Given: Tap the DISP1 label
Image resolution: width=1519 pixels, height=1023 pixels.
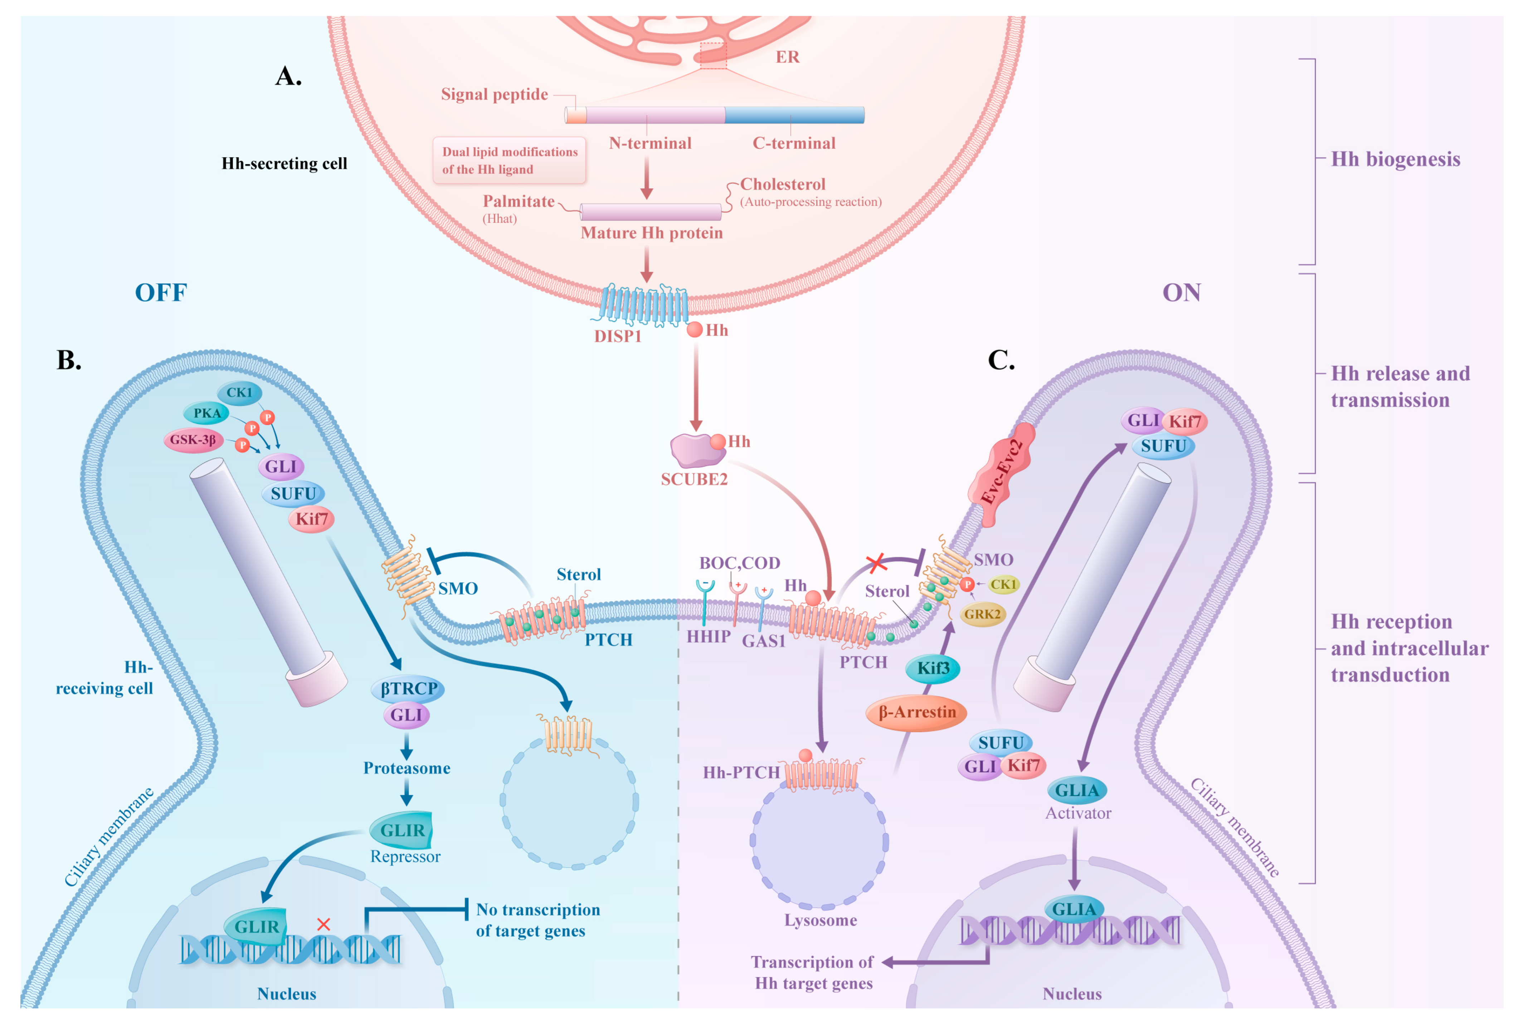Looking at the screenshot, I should pos(617,337).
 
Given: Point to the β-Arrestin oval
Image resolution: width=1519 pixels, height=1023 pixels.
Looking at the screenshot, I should pos(916,713).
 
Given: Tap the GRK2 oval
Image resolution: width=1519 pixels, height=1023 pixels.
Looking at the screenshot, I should pos(982,614).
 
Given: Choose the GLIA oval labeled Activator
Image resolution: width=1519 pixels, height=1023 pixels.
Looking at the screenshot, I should pos(1077,790).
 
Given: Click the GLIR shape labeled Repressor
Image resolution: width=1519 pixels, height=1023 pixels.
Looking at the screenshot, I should pos(402,830).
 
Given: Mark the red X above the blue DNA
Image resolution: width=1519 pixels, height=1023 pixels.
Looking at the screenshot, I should pos(323,925).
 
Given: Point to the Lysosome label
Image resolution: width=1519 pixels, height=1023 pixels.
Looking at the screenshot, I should pos(820,921).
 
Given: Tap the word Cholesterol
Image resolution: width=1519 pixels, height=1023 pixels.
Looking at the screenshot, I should pos(782,185).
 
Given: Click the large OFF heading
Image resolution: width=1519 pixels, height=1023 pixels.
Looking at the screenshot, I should pos(161,293).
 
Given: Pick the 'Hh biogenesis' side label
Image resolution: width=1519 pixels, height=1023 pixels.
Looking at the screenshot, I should pos(1395,159).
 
